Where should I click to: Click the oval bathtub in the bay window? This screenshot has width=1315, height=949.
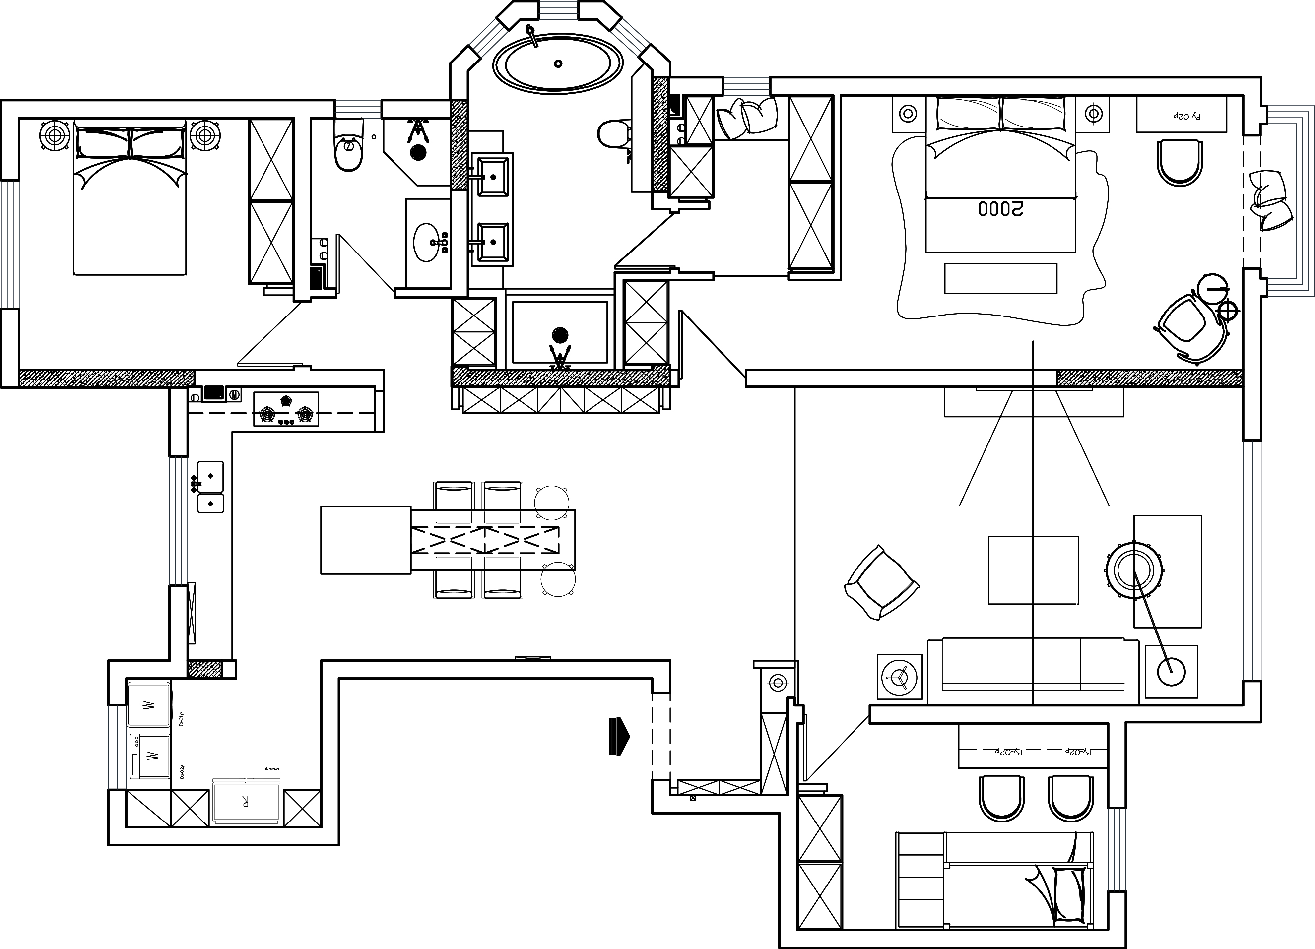(x=558, y=64)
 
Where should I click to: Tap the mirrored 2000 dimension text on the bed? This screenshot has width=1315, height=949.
(x=1001, y=209)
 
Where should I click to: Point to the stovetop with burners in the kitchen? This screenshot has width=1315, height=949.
(x=286, y=409)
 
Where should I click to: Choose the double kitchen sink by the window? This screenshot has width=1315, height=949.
(x=210, y=487)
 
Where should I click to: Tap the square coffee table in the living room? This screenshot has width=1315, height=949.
(x=1033, y=570)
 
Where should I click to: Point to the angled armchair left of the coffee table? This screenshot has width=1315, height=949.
(x=881, y=582)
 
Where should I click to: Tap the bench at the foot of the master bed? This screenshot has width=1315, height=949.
(x=1001, y=278)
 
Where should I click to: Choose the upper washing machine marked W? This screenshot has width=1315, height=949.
(x=148, y=705)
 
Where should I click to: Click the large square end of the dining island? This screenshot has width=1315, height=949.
(x=365, y=540)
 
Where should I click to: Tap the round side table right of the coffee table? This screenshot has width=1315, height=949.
(x=1134, y=570)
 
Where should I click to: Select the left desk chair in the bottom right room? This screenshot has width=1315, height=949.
(x=1001, y=797)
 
